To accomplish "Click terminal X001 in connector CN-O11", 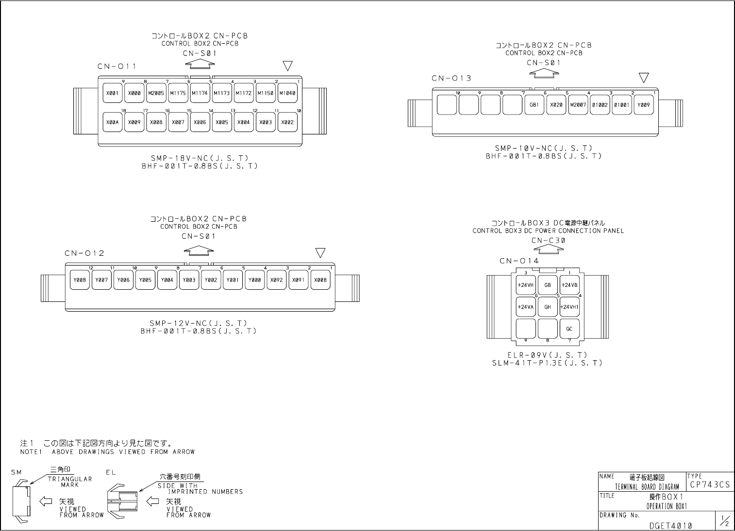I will pyautogui.click(x=113, y=93).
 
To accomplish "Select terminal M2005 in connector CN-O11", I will pyautogui.click(x=156, y=93).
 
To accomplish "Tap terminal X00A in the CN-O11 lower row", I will pyautogui.click(x=113, y=122).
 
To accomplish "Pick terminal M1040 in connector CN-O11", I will pyautogui.click(x=287, y=93).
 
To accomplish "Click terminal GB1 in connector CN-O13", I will pyautogui.click(x=534, y=104).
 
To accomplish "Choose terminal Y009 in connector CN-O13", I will pyautogui.click(x=644, y=104).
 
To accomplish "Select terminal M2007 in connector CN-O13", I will pyautogui.click(x=578, y=104).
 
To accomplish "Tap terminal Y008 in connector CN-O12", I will pyautogui.click(x=80, y=280).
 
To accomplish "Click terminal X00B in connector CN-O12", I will pyautogui.click(x=320, y=280).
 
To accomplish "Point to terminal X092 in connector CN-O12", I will pyautogui.click(x=276, y=280).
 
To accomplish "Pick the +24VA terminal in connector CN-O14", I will pyautogui.click(x=525, y=307).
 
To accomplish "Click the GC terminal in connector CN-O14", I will pyautogui.click(x=569, y=329).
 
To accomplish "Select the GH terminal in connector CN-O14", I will pyautogui.click(x=548, y=307).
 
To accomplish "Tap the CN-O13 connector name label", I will pyautogui.click(x=451, y=78).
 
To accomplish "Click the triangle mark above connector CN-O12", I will pyautogui.click(x=320, y=252).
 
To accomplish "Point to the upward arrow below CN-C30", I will pyautogui.click(x=549, y=249).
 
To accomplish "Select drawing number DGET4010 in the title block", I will pyautogui.click(x=670, y=525).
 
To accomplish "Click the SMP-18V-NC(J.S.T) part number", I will pyautogui.click(x=200, y=158).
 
